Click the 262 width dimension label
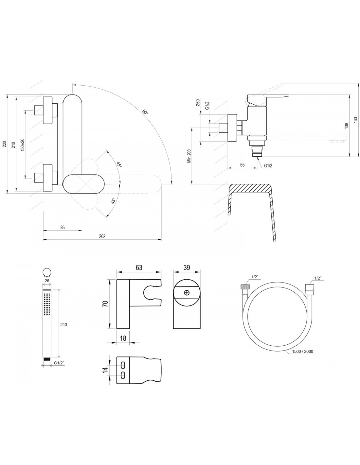102,237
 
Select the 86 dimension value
63,227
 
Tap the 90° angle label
145,112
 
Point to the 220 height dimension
4,144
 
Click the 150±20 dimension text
22,144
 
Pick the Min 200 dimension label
189,156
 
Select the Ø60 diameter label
198,104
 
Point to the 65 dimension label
242,165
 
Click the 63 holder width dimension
139,267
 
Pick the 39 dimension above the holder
187,267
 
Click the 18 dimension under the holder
123,338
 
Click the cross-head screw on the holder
187,293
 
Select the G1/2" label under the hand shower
59,363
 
